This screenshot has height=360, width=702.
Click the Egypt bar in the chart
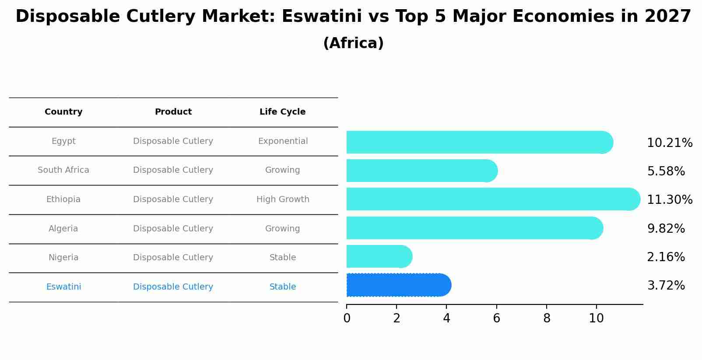point(479,142)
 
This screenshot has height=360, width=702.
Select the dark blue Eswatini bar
point(398,285)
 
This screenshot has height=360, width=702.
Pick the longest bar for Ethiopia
point(493,199)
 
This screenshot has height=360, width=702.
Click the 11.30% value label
point(669,200)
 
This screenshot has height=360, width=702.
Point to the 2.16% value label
point(665,257)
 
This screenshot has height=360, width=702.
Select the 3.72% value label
point(665,286)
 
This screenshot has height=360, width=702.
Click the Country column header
point(63,112)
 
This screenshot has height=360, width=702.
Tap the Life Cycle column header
point(282,112)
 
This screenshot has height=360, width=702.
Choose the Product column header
point(173,112)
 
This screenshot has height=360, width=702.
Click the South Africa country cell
point(63,170)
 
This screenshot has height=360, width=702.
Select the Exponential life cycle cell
point(283,141)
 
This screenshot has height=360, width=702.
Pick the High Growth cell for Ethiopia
point(283,199)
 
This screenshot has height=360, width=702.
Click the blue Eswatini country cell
point(63,287)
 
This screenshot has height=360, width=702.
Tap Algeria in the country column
point(63,229)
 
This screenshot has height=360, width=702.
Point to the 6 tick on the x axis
point(496,318)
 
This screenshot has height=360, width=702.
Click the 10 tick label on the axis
point(596,318)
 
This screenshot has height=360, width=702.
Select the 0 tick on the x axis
point(347,318)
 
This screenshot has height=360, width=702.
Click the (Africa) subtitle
point(353,43)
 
